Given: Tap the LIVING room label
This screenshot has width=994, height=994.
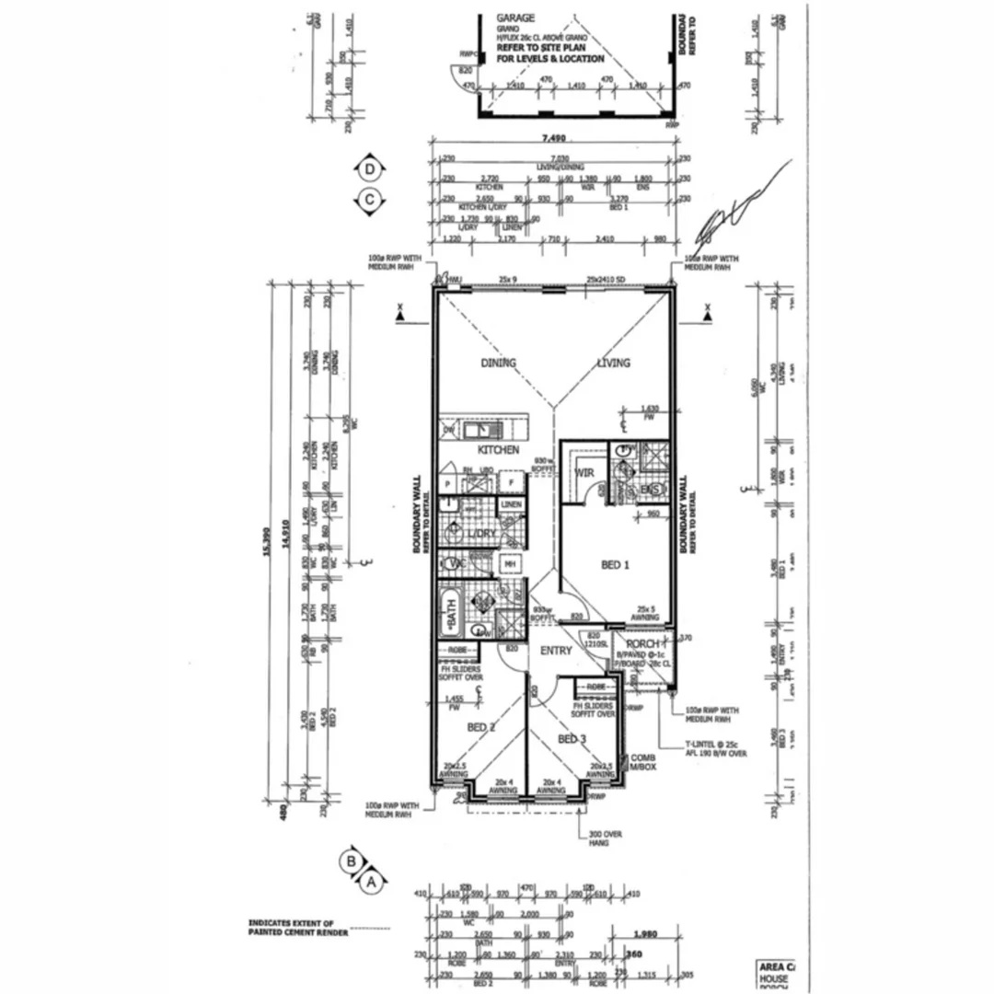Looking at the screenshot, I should [x=613, y=363].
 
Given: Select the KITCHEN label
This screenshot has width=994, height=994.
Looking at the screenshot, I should [x=498, y=450].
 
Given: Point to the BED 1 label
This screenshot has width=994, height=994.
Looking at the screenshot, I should [x=615, y=565].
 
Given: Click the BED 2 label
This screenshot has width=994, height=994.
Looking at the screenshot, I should [x=481, y=727].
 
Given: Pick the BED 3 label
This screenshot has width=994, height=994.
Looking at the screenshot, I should [x=571, y=739].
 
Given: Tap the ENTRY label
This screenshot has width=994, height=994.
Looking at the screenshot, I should [x=556, y=651].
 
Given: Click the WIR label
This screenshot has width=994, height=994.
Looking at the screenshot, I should [x=584, y=473].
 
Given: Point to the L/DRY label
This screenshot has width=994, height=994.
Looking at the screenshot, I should [x=482, y=535].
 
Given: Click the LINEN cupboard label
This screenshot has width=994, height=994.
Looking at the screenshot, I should [x=510, y=504].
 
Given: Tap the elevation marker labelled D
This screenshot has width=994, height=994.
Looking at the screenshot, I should [x=370, y=169].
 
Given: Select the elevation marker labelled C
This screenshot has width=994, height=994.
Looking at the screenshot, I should [x=370, y=199].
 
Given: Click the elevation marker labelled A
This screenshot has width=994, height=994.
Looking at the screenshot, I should [x=372, y=882].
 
